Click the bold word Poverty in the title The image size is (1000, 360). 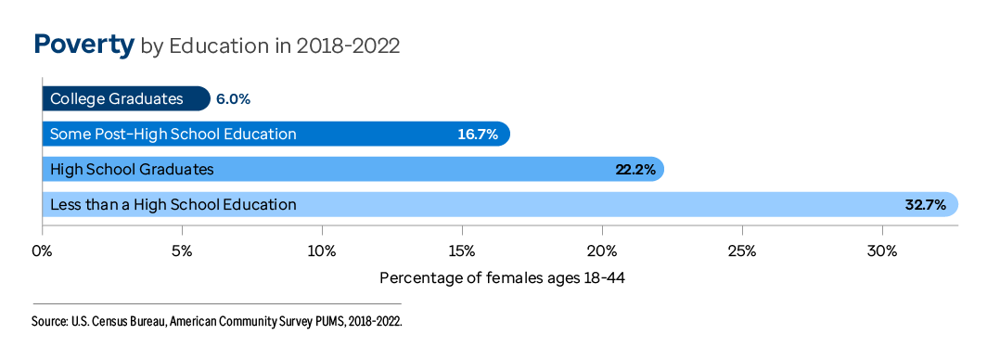pos(83,45)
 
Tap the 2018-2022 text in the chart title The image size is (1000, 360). pos(348,46)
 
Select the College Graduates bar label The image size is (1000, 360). pos(116,99)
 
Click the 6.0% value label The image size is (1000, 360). pos(233,99)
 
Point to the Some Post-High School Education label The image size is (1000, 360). pos(173,135)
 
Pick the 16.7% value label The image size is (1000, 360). pos(478,135)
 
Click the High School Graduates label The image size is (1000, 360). pos(132,170)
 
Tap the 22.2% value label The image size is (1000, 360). pos(635,170)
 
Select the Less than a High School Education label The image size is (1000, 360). pos(173,205)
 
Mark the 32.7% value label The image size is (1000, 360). pos(926,205)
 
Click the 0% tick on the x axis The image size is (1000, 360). pos(42,251)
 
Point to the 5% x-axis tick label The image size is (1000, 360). pos(182,251)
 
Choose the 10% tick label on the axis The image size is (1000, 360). pos(322,251)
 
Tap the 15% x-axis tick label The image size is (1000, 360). pos(462,251)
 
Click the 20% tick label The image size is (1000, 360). pos(602,251)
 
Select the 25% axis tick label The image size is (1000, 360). pos(742,251)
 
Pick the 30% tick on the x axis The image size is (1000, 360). pos(882,251)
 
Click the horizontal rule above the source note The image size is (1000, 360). pos(217,303)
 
